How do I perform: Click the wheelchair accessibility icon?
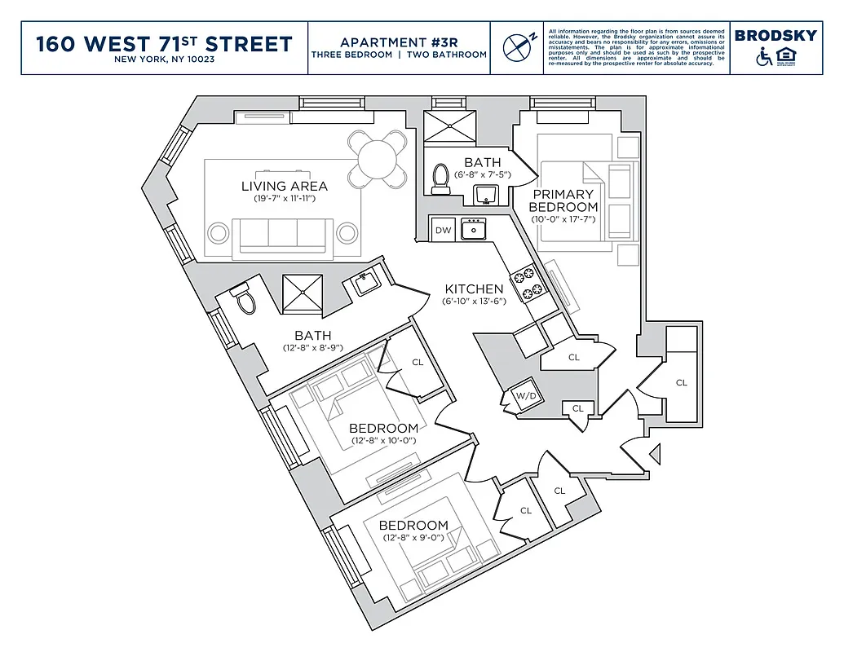765,57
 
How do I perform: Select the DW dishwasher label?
443,231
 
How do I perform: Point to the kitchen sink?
473,230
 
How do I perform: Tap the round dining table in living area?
377,157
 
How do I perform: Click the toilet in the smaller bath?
441,177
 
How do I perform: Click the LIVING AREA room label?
285,186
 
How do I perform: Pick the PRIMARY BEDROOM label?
563,200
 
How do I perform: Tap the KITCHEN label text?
474,289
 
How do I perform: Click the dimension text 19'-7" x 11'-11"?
285,199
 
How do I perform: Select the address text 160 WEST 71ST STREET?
164,43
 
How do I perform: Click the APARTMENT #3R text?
398,42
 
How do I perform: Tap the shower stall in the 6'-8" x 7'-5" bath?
449,126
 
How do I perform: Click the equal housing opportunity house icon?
788,57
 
